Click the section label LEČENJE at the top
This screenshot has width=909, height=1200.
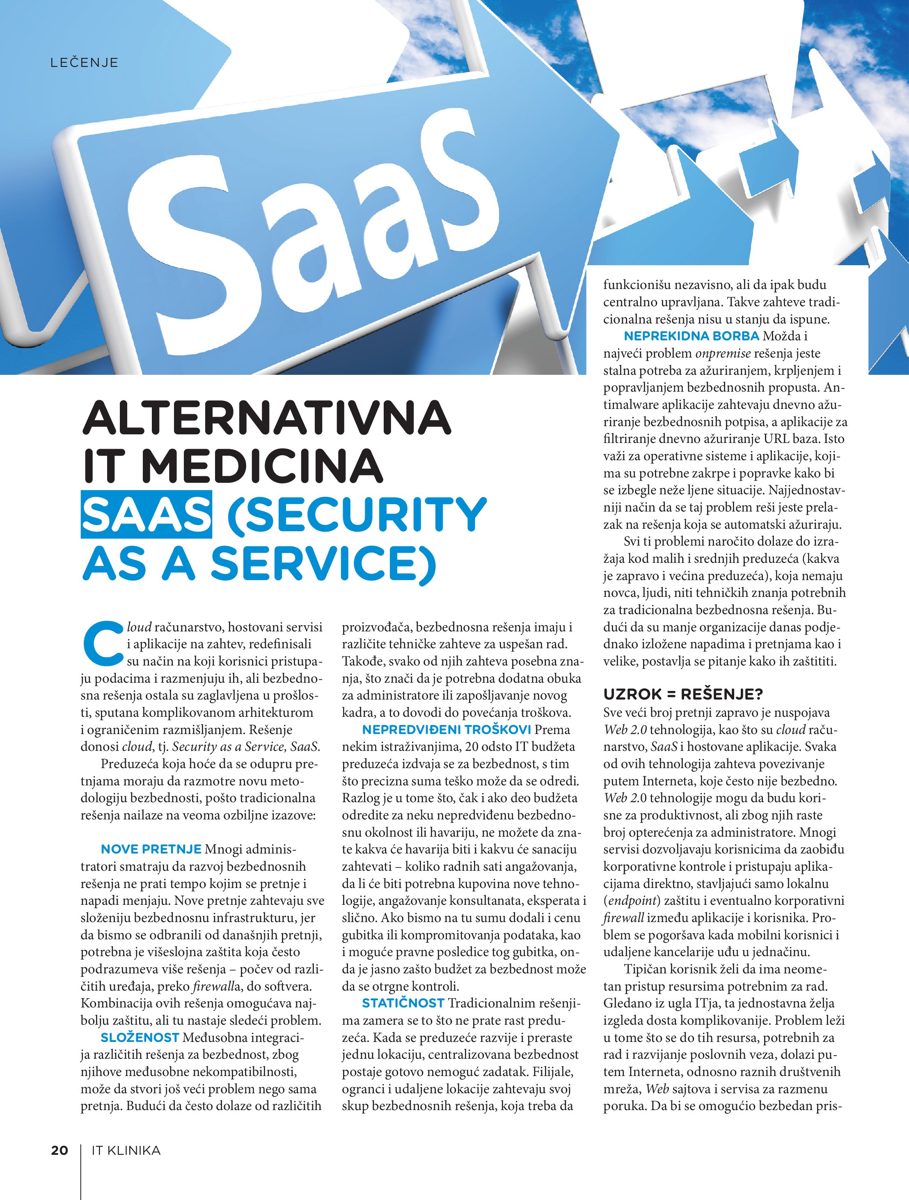(x=84, y=62)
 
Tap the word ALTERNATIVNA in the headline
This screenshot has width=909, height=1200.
(x=266, y=418)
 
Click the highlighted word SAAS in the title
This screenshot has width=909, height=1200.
(x=146, y=514)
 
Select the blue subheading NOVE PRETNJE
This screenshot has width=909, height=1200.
(x=151, y=849)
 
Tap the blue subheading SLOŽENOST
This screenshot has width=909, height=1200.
(x=140, y=1037)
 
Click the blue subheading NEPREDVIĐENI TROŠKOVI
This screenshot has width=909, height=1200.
(x=446, y=730)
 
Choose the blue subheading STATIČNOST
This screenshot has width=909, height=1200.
(x=403, y=1003)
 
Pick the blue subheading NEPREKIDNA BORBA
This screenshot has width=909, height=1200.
(x=691, y=336)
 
